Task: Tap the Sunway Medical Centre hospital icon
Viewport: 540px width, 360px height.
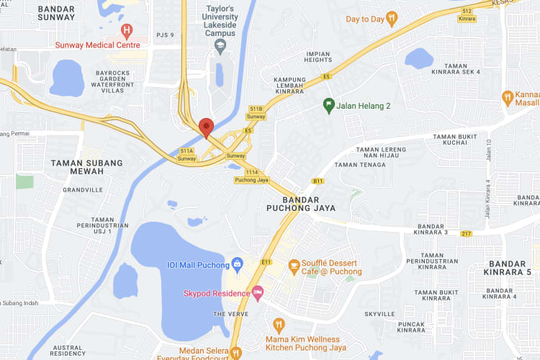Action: [x=127, y=31]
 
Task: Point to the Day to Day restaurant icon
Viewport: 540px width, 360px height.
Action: [x=392, y=19]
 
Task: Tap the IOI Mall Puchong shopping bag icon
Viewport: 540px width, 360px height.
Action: [x=237, y=263]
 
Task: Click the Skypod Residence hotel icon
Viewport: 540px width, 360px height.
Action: [x=258, y=292]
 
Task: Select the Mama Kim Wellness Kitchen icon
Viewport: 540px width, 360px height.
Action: [x=279, y=325]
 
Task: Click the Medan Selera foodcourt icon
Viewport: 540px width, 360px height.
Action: [x=235, y=352]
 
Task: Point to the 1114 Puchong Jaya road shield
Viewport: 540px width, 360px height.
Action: [x=251, y=173]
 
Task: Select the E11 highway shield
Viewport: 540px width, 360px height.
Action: [x=266, y=262]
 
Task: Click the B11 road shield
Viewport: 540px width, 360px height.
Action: [x=318, y=181]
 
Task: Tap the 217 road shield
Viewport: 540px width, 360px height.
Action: [x=467, y=233]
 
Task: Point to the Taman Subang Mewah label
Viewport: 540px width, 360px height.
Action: [x=86, y=168]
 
